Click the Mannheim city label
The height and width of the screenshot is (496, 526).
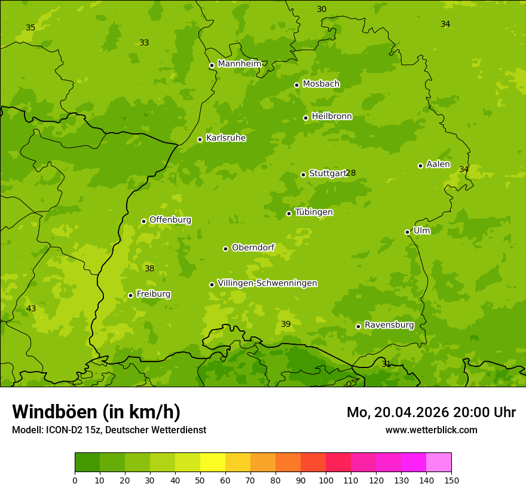239,64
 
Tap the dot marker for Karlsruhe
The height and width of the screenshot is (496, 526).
200,140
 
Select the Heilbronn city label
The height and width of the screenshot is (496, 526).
332,117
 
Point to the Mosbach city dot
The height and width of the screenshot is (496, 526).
296,85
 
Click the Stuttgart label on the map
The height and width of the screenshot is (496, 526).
328,174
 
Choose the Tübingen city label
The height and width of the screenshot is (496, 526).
314,212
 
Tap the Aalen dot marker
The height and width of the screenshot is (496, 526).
420,166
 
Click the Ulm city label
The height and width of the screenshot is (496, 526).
421,231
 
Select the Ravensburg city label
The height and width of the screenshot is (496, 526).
389,325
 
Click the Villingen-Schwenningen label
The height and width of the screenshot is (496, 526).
267,283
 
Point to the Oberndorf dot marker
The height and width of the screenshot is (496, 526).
225,249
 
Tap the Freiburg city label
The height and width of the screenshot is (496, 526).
153,294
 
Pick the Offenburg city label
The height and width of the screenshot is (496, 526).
170,220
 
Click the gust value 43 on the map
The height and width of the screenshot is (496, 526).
31,309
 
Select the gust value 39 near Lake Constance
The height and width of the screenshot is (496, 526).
286,324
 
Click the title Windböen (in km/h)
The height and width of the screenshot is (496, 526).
96,412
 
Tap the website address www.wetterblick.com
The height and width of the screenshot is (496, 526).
431,430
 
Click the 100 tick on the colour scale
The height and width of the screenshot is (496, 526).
326,480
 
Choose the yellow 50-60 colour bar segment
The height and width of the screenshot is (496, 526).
213,463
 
